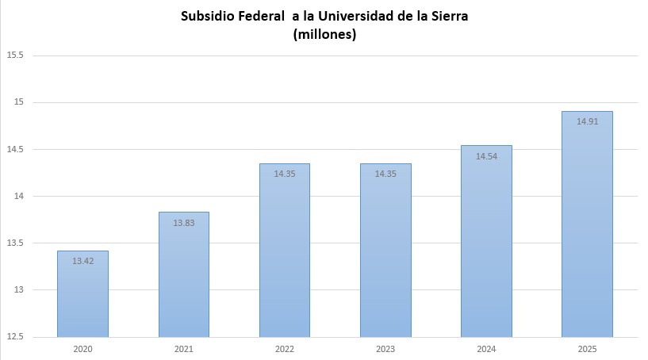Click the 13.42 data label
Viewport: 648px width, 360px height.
coord(83,261)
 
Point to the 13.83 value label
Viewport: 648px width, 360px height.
coord(184,223)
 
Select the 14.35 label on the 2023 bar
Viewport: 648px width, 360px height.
coord(385,174)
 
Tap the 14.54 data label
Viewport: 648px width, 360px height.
coord(486,156)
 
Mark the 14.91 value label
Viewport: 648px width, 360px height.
coord(588,121)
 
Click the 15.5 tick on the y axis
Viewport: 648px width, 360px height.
coord(15,56)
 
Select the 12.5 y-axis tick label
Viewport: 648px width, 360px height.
coord(15,337)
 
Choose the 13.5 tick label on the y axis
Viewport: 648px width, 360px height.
coord(15,243)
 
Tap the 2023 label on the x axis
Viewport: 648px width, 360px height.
coord(385,349)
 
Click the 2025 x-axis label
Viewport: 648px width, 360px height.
coord(587,349)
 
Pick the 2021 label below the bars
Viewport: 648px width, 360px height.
coord(183,349)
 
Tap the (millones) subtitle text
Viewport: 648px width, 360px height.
coord(324,34)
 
